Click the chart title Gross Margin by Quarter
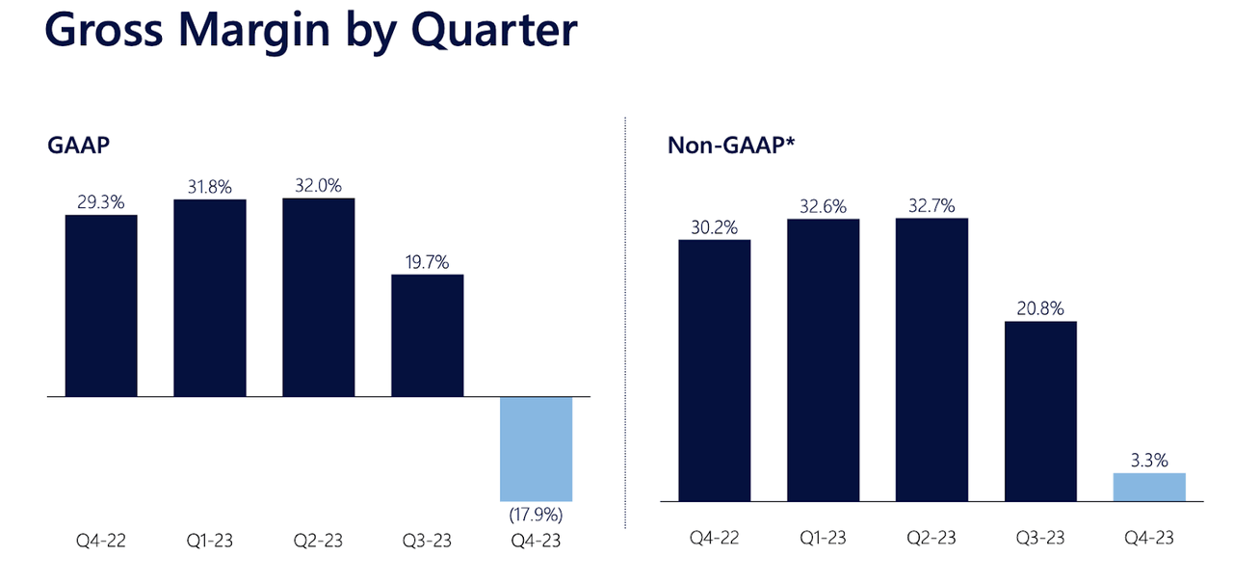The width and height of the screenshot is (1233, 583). tap(310, 32)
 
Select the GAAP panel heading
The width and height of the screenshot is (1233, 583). tap(76, 146)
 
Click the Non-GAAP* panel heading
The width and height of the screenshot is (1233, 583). tap(730, 146)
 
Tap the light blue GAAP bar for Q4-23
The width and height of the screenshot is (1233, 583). tap(536, 448)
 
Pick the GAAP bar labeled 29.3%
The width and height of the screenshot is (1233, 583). tap(101, 305)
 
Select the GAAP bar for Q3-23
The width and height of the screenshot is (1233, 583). tap(427, 335)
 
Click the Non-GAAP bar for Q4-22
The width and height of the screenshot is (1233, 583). tap(714, 370)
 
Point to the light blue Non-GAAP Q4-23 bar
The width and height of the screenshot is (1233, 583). tap(1148, 487)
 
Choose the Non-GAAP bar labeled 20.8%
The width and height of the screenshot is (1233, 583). tap(1040, 411)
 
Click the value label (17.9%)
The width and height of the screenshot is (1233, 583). tap(536, 514)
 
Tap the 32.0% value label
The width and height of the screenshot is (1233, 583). tap(318, 186)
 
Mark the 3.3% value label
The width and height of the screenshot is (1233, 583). tap(1148, 461)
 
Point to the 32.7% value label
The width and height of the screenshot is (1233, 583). tap(931, 205)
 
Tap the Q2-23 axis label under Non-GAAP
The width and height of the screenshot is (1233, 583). tap(931, 538)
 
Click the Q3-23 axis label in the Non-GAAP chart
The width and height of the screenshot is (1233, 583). tap(1040, 538)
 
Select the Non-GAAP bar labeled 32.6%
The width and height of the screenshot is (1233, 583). tap(823, 359)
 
